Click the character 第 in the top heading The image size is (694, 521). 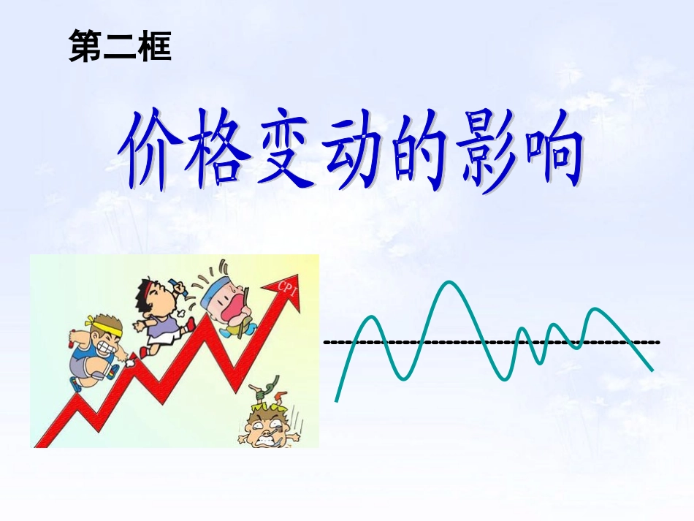(86, 47)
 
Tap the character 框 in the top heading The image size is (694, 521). (154, 47)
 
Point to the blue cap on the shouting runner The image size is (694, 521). (216, 288)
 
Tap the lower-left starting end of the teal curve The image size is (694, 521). (337, 399)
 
